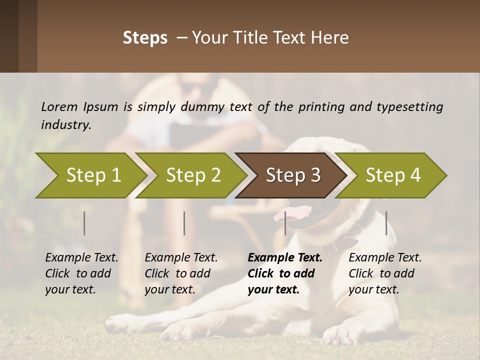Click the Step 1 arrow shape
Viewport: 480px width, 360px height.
(x=90, y=175)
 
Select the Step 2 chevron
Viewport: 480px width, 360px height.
(x=192, y=175)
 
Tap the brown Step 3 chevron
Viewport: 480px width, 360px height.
(x=292, y=175)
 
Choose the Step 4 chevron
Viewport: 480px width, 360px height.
(x=392, y=175)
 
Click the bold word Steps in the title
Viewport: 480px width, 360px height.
(x=145, y=38)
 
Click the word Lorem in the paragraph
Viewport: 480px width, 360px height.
(x=59, y=106)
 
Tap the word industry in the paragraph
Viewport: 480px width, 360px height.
(x=66, y=125)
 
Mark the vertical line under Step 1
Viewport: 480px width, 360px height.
(x=84, y=223)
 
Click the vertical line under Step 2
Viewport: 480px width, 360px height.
(x=184, y=223)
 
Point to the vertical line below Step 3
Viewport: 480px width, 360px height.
(x=285, y=223)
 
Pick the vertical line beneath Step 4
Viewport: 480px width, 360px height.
(x=386, y=223)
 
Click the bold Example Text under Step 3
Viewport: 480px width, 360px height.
(x=285, y=258)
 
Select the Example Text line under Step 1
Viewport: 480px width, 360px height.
(x=81, y=258)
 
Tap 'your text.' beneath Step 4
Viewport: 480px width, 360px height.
(x=374, y=289)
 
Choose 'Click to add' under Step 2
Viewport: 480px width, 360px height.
(x=177, y=273)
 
